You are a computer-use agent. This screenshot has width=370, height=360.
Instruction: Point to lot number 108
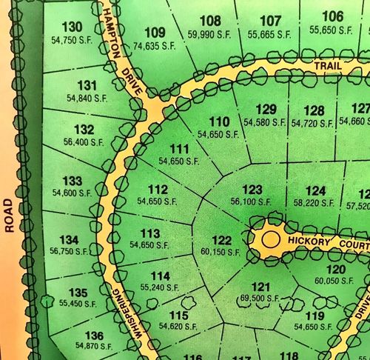click(x=211, y=21)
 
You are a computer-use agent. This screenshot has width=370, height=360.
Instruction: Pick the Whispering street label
click(x=127, y=314)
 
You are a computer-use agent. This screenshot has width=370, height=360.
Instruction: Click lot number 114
click(x=161, y=276)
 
